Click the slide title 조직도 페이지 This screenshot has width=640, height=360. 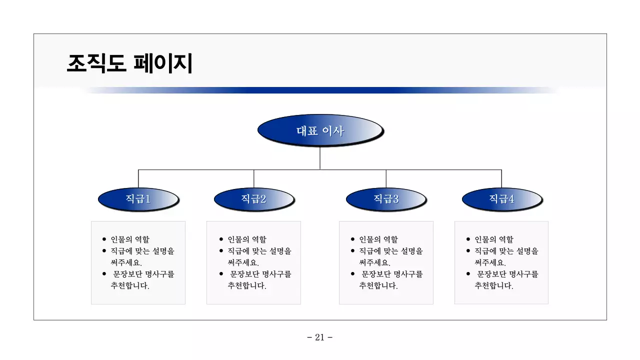129,63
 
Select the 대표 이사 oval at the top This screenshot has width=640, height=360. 320,131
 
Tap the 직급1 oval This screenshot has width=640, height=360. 138,199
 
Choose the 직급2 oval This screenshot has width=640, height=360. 254,199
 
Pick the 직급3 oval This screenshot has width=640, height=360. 386,199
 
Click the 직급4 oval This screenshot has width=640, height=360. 501,199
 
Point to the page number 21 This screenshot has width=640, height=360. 320,337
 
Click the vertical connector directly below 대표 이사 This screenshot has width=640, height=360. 320,158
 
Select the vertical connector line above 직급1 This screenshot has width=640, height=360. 138,179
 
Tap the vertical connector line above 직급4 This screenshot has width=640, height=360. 501,179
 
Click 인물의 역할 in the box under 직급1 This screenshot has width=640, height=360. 129,239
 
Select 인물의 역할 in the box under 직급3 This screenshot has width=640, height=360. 378,239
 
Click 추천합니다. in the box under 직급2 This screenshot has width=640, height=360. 247,286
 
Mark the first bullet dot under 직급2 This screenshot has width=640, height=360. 221,239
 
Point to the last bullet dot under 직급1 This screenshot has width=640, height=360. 104,274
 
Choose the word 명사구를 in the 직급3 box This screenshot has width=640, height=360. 408,274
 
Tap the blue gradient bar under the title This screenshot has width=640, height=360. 320,90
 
